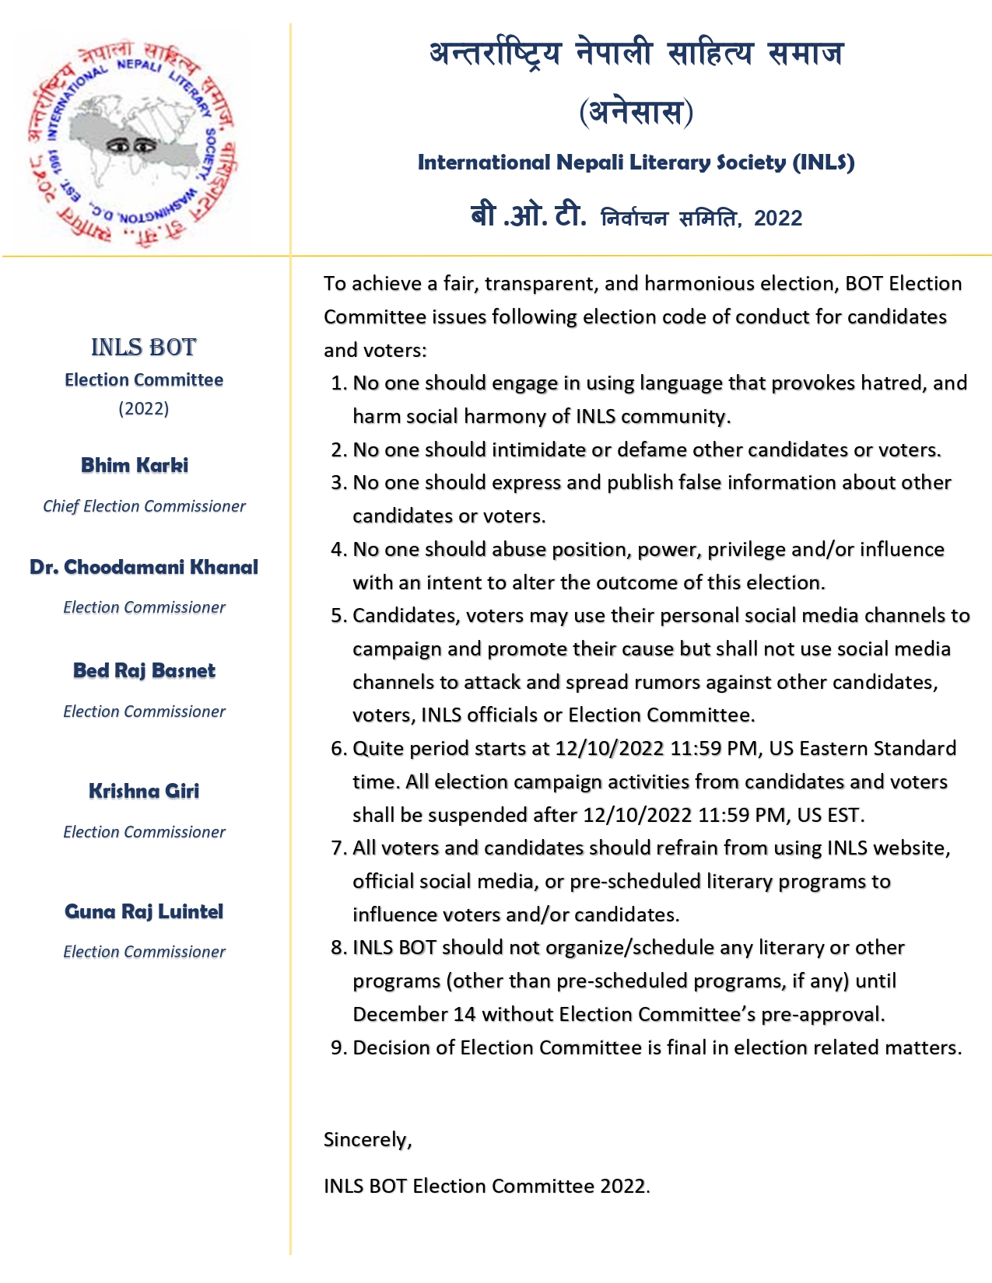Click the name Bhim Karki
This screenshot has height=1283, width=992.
[135, 465]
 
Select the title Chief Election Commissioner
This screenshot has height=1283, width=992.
[144, 506]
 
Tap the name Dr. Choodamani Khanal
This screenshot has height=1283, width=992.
[144, 567]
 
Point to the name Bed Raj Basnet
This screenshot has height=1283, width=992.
[144, 670]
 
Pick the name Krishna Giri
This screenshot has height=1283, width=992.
[144, 791]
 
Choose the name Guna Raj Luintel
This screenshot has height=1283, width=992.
[144, 911]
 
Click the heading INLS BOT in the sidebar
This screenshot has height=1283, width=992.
[144, 347]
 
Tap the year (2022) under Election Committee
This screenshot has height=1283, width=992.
[144, 408]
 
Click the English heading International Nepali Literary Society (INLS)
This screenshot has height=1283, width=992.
[636, 163]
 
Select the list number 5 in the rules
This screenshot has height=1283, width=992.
[338, 616]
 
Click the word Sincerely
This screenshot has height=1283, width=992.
[367, 1140]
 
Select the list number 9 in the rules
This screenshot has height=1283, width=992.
[338, 1048]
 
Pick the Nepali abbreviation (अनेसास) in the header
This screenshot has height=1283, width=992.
[636, 111]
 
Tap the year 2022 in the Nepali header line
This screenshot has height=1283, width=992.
[777, 218]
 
